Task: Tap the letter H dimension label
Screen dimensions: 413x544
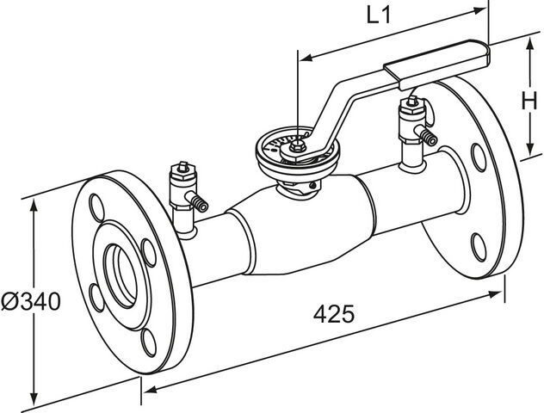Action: (x=530, y=102)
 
